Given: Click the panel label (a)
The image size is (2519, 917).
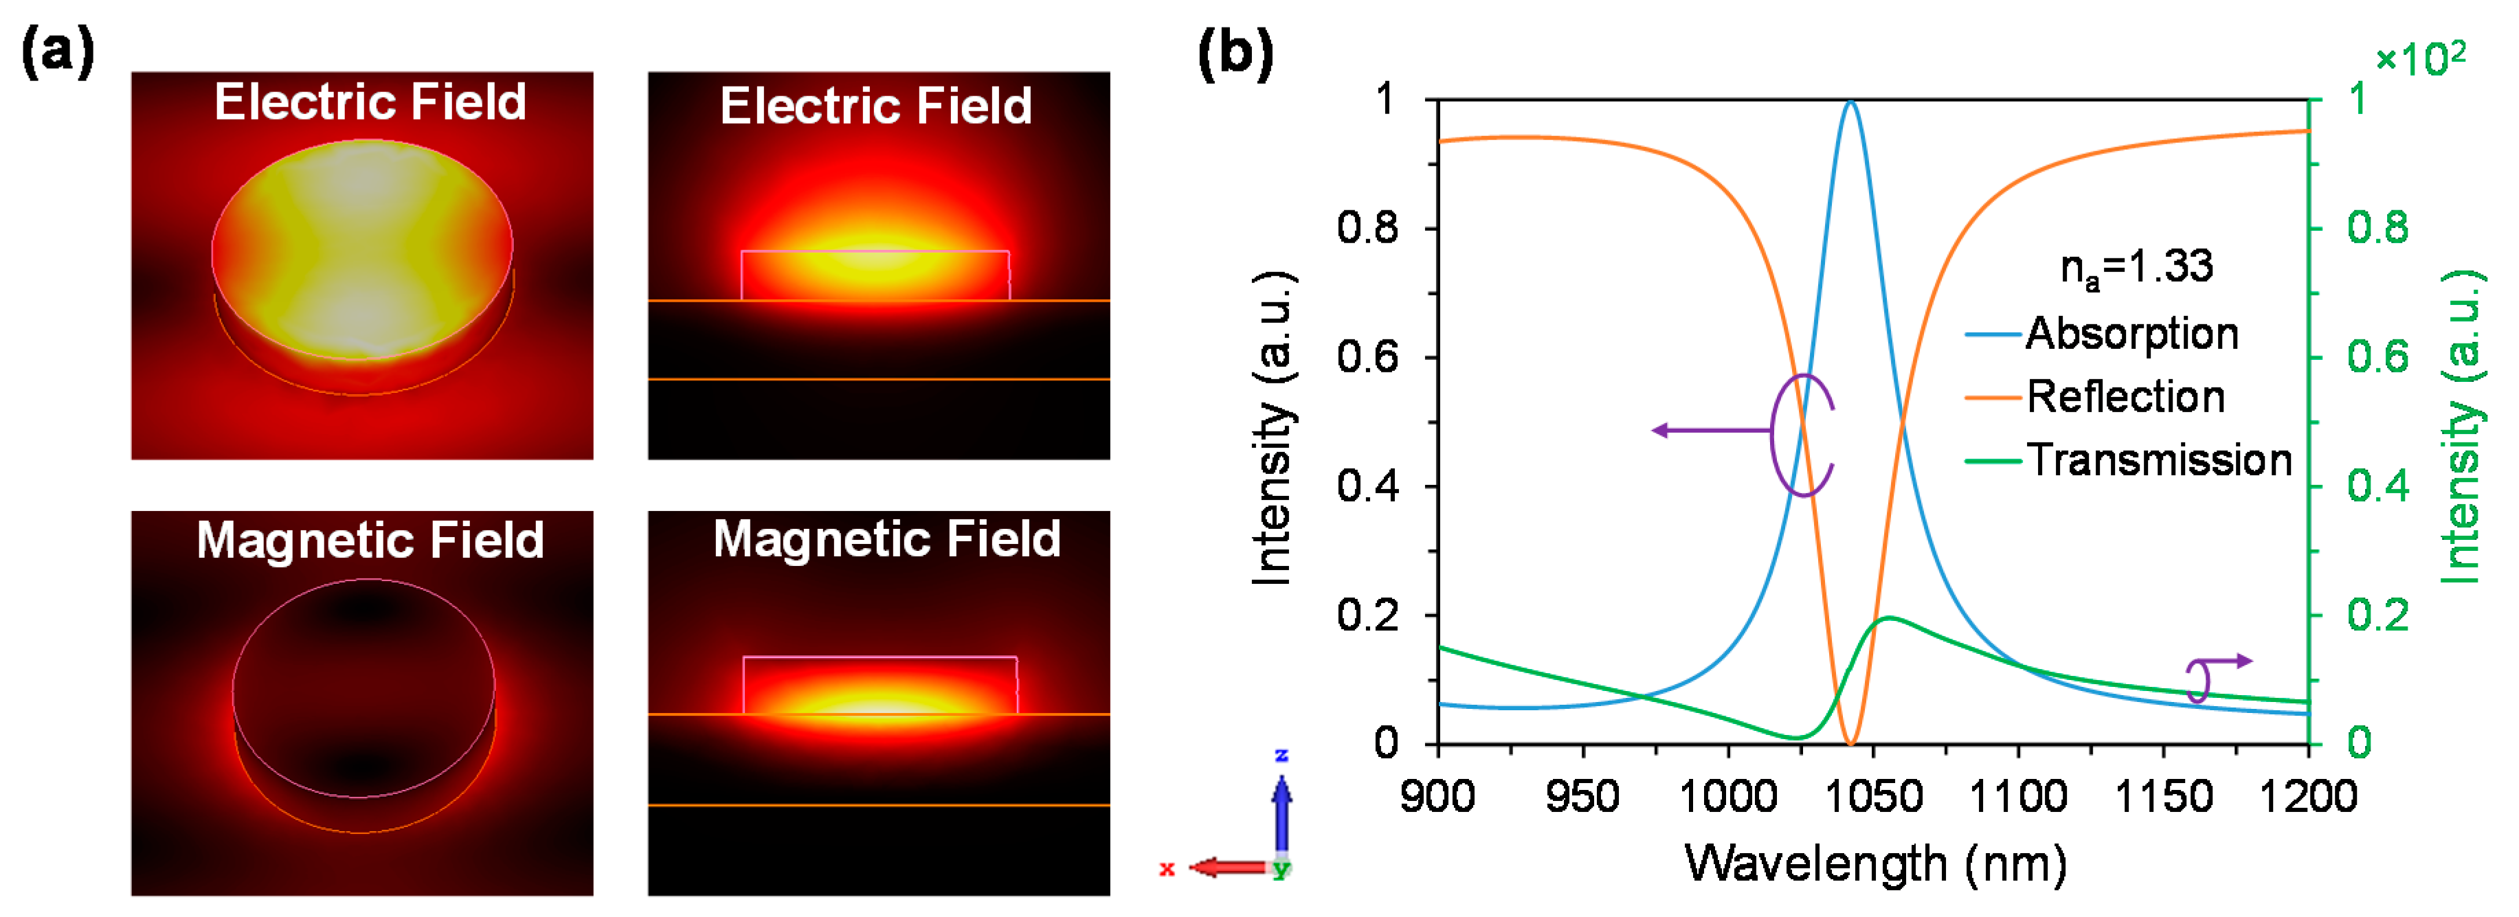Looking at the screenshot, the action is point(58,53).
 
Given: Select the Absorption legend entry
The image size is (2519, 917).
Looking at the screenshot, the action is point(2103,333).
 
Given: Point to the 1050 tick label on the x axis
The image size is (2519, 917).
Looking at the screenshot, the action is point(1874,797).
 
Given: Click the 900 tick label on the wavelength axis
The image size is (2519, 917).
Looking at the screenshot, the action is point(1437,797).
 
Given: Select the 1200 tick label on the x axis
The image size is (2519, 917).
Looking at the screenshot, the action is point(2308,797).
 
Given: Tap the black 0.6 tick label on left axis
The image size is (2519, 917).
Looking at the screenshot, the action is point(1368,356).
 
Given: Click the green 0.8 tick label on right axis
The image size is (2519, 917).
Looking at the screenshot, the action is point(2378,228).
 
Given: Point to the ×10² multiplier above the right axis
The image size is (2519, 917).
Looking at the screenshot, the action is point(2420,58).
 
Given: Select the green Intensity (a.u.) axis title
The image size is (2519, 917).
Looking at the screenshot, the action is point(2462,427).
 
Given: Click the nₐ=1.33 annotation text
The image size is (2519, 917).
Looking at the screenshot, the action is point(2137,268).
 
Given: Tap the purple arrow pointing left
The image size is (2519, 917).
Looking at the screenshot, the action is point(1711,430).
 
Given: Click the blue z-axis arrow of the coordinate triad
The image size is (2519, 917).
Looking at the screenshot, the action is point(1281,816).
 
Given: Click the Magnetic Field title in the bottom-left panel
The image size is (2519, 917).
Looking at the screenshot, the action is point(370,540).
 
